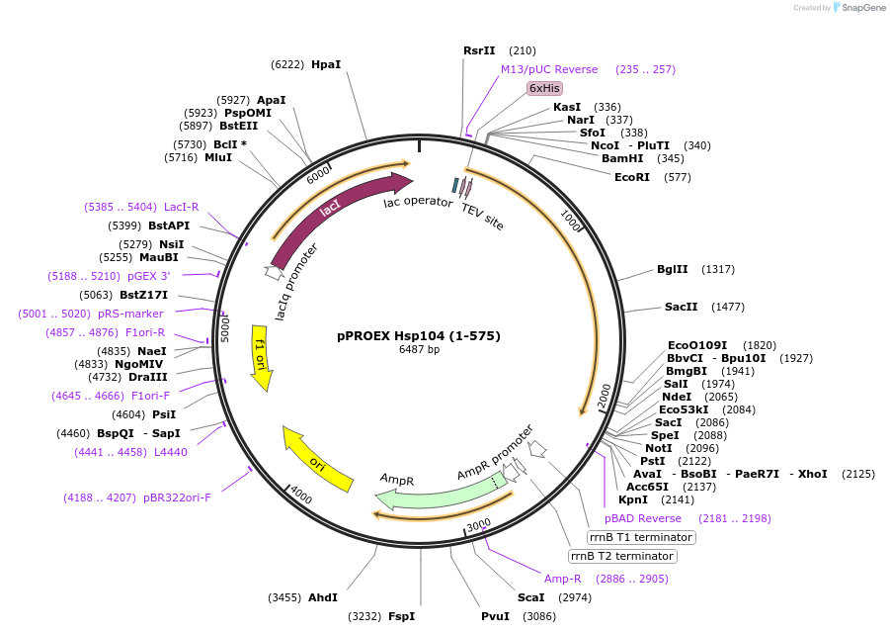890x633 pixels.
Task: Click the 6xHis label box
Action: [x=544, y=88]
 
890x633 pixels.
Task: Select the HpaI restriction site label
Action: [x=325, y=64]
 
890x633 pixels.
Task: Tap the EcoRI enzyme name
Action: [x=632, y=178]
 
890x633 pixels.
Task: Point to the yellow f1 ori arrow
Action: [x=262, y=356]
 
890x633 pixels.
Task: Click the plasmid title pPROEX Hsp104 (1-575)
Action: [x=419, y=335]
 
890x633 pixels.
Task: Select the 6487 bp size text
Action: [x=419, y=349]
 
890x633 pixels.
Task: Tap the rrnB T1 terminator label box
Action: [x=640, y=537]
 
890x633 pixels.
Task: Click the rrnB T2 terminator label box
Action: [x=622, y=556]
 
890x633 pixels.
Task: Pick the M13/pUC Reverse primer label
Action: [x=548, y=69]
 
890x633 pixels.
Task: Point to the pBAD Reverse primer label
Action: [x=643, y=518]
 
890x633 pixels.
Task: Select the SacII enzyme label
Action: [x=682, y=307]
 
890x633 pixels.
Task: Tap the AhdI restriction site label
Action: [x=323, y=597]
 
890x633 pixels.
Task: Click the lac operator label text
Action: [x=418, y=203]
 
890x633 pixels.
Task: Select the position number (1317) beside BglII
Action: [x=718, y=269]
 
